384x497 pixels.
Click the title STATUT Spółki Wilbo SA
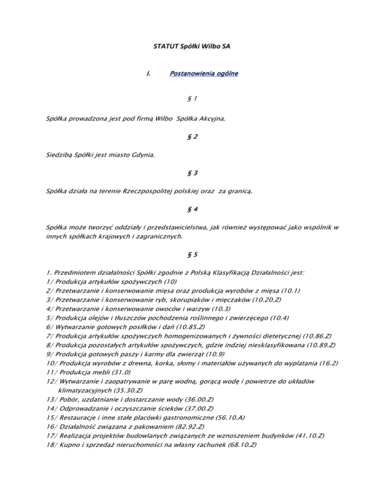191,47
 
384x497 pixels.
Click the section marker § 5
192,254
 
